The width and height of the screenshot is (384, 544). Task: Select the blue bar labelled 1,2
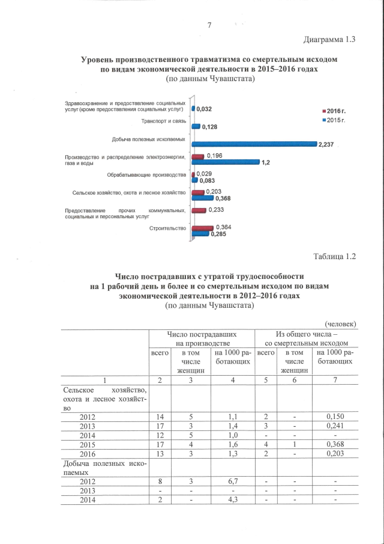pos(225,162)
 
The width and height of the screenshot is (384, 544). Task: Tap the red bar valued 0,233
pos(199,210)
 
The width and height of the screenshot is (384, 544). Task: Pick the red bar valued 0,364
pos(202,228)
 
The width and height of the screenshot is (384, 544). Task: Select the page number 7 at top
pos(209,25)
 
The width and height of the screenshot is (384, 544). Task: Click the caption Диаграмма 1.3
pos(327,40)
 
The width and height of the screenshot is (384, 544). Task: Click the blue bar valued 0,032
pos(193,109)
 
